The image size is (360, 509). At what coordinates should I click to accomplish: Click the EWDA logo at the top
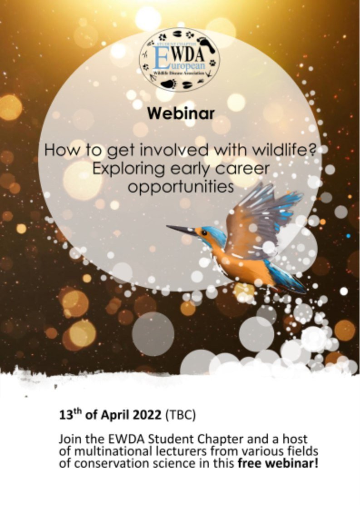179,59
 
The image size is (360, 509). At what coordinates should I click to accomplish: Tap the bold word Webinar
180,114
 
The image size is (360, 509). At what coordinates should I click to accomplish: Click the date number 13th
68,415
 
